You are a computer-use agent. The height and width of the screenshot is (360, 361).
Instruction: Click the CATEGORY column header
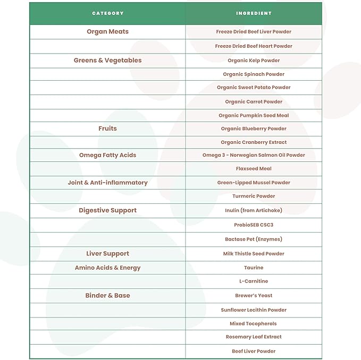click(x=107, y=13)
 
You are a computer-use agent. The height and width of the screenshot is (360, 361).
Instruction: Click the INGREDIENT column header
click(x=254, y=13)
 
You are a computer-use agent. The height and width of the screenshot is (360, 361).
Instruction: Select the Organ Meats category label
click(x=107, y=32)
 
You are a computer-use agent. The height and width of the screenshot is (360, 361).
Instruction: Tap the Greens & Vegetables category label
click(x=107, y=61)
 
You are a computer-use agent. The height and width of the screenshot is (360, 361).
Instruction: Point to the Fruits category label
click(x=107, y=128)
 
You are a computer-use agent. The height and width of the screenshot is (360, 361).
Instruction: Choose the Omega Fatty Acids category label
click(x=107, y=155)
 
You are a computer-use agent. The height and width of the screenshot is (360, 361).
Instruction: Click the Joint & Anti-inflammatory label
click(x=107, y=183)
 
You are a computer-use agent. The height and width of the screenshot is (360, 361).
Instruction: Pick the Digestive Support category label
click(x=107, y=210)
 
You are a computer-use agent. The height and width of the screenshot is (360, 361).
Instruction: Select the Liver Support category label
click(x=107, y=254)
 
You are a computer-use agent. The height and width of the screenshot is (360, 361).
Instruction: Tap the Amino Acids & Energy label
click(x=107, y=268)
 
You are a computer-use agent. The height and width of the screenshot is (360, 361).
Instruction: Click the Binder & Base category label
click(x=107, y=295)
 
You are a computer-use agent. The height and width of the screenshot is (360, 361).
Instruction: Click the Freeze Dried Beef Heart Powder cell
click(x=254, y=46)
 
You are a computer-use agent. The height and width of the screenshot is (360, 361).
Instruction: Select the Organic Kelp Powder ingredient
click(x=254, y=61)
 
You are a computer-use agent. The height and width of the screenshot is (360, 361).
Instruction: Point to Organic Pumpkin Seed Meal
click(x=254, y=116)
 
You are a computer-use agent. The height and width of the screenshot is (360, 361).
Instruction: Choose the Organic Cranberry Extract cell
click(x=254, y=142)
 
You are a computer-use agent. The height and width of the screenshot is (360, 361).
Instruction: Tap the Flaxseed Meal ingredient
click(x=254, y=169)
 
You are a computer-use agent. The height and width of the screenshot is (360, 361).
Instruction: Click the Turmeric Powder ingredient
click(x=254, y=196)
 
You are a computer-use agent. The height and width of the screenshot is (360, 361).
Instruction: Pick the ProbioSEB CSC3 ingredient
click(x=254, y=225)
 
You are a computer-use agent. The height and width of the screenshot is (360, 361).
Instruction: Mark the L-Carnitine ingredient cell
click(x=254, y=281)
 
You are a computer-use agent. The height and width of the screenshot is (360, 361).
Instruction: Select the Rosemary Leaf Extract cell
click(x=254, y=337)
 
